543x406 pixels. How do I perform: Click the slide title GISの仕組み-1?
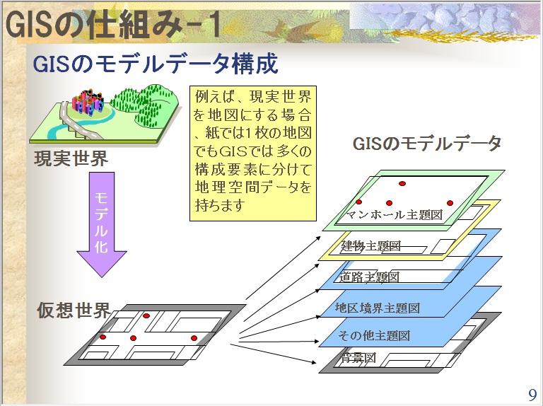click(113, 25)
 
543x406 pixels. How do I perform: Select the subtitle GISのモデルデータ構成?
click(156, 64)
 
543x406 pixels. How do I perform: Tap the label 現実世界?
click(71, 158)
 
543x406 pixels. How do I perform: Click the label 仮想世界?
click(74, 311)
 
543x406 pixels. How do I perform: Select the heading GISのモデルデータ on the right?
click(426, 144)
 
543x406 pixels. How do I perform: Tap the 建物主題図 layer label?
click(370, 246)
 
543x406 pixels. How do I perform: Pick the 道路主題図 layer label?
click(370, 277)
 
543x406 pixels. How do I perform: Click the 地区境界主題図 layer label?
click(378, 308)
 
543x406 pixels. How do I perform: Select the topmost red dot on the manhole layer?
click(402, 184)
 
